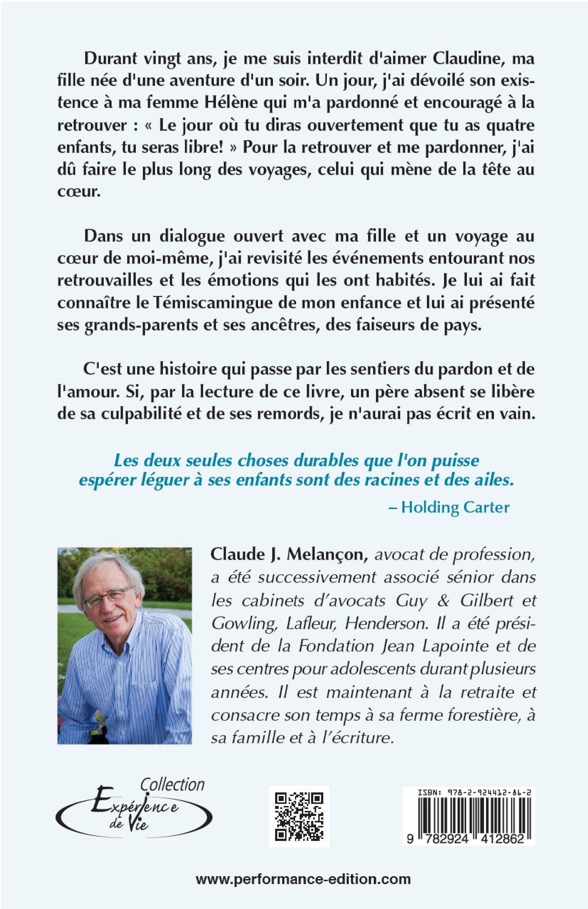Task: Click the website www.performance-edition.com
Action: point(303,878)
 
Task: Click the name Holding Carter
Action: point(455,507)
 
